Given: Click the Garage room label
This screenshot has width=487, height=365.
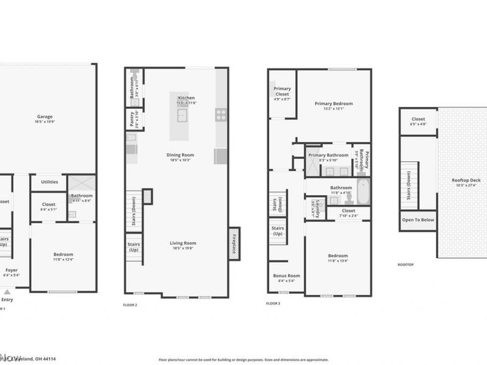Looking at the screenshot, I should point(44,117).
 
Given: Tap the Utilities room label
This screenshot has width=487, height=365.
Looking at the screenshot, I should point(49,181).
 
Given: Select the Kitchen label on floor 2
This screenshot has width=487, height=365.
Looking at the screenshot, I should point(186,98).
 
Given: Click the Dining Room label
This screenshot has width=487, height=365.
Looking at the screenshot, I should point(180,155).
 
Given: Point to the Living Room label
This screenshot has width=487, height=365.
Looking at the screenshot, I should point(183,243).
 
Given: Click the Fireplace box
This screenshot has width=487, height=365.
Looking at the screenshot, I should point(234,243).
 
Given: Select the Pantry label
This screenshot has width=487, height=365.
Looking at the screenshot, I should point(132,119).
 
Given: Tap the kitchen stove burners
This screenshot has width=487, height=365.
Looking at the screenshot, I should point(221,113).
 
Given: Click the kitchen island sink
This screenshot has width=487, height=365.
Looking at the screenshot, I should point(182,115).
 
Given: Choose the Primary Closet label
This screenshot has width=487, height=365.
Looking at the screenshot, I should point(282,92).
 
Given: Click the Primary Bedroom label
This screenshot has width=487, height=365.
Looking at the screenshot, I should point(333,103).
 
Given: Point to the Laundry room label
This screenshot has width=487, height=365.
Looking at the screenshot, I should point(314,206).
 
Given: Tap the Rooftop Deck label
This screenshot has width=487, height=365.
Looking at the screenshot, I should point(466,180).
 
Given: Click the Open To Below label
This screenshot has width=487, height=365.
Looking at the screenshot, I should point(418,220).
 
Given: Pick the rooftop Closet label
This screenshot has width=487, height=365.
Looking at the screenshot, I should point(418,119).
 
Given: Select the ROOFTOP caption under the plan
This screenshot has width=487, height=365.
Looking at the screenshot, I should point(406,265).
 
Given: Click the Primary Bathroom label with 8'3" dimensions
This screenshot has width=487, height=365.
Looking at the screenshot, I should point(329,156).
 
